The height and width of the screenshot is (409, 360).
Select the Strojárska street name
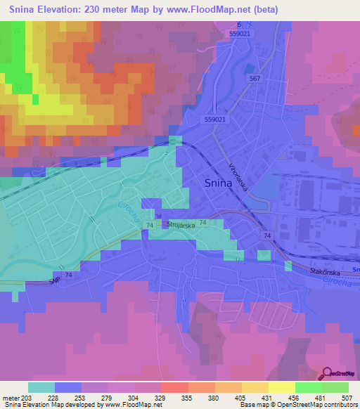point(181,223)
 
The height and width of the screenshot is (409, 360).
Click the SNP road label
point(55,280)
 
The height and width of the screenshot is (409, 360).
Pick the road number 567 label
point(254,78)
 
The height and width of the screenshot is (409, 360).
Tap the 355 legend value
point(188,398)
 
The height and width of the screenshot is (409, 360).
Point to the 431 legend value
point(268,398)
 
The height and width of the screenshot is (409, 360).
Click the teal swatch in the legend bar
point(41,387)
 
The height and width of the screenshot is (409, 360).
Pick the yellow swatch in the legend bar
point(282,387)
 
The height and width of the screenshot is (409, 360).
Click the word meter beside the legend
point(11,398)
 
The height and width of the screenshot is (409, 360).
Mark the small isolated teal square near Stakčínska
point(288,265)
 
